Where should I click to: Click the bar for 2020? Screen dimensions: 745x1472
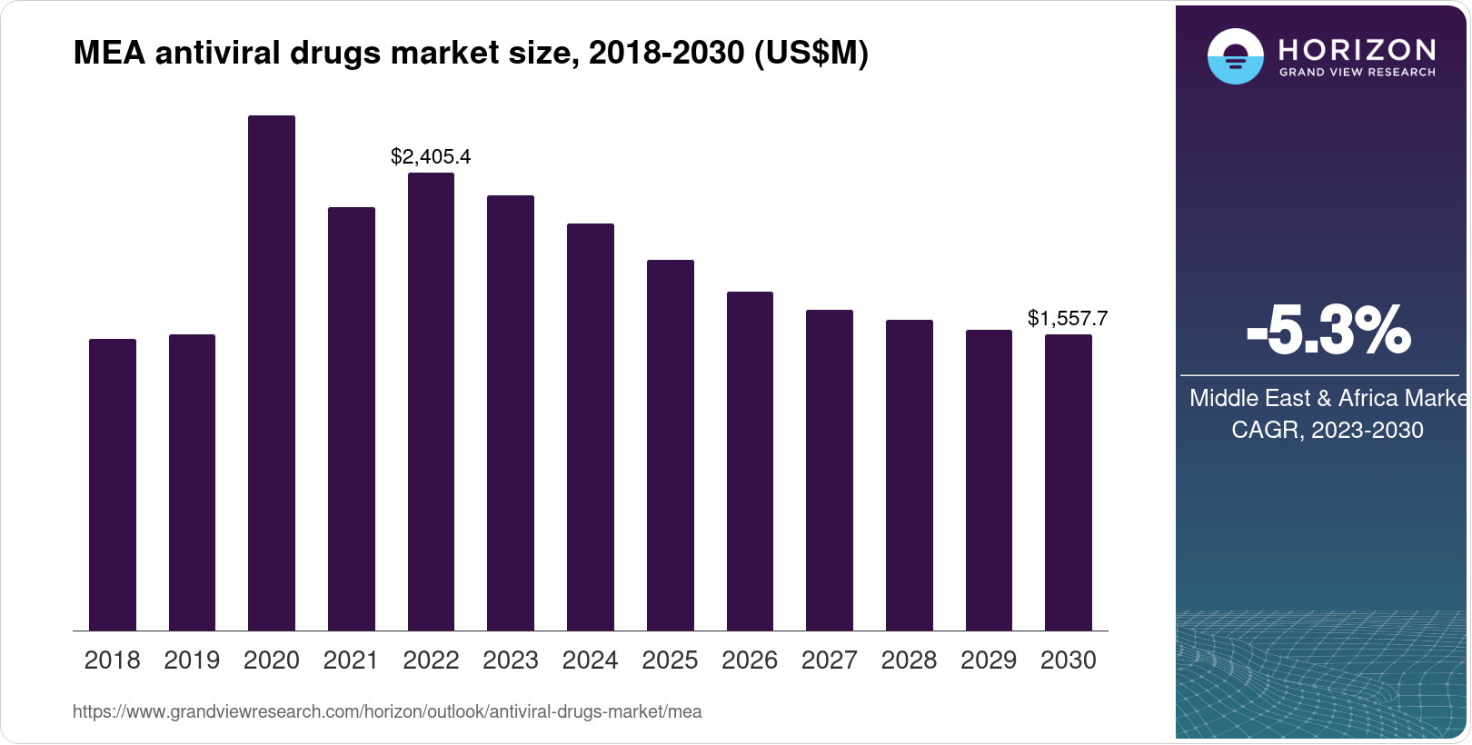(272, 372)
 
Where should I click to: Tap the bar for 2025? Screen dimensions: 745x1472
(670, 445)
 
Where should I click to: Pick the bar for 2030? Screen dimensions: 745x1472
(1069, 482)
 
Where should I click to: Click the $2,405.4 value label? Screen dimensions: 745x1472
(431, 156)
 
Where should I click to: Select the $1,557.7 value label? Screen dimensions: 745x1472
(1068, 318)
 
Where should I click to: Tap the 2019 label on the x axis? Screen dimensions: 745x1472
(192, 661)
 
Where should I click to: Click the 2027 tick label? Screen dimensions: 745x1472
(829, 661)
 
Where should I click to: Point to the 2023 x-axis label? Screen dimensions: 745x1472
(511, 661)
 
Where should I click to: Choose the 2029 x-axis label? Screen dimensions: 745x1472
(989, 661)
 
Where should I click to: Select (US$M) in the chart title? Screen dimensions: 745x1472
(811, 54)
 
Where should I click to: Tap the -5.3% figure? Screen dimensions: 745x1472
(1328, 331)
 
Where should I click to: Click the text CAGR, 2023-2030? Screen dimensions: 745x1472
(1327, 430)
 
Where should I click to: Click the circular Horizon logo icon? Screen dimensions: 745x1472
(1235, 56)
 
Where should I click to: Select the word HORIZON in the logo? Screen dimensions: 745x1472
(1358, 49)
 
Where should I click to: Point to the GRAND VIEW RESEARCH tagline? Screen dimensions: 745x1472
(1358, 72)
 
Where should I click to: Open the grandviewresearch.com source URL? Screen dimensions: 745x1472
(387, 711)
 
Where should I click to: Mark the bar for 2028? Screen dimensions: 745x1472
(909, 475)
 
